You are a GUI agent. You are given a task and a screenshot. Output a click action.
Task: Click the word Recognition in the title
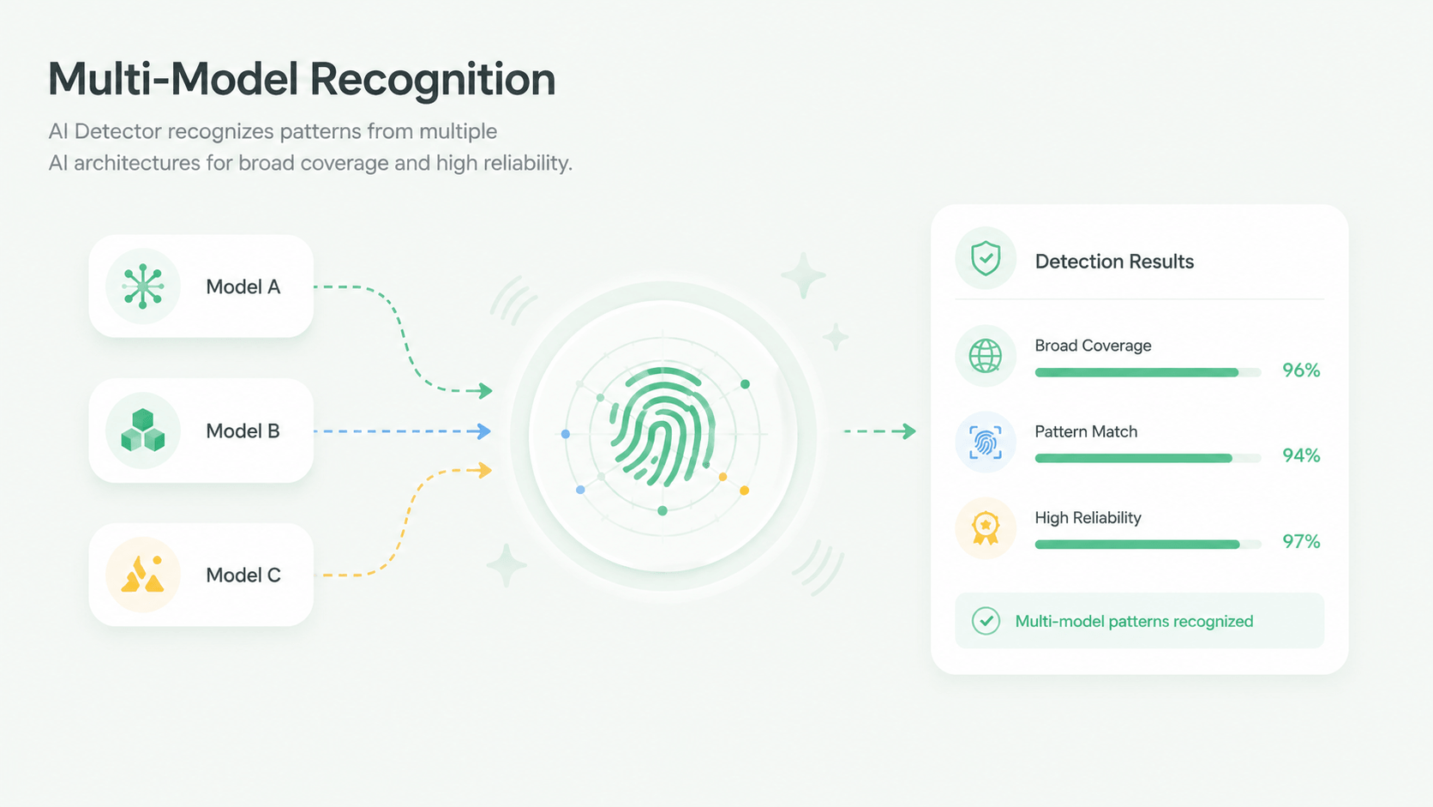click(433, 80)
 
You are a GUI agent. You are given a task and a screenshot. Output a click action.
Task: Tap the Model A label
click(243, 286)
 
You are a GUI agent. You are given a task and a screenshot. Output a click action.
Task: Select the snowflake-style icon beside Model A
click(142, 286)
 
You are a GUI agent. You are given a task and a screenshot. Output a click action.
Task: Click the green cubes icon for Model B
click(142, 430)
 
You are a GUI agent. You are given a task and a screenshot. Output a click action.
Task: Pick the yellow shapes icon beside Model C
click(142, 574)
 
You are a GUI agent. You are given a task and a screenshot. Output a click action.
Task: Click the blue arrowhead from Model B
click(483, 431)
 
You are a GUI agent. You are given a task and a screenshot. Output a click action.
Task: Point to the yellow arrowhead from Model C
click(483, 470)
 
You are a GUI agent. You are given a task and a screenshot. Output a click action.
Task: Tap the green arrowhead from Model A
click(483, 390)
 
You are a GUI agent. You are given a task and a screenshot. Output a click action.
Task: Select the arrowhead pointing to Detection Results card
click(908, 431)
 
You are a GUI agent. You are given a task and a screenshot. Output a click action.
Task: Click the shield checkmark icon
click(986, 258)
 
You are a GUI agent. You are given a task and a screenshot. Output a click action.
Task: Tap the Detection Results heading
click(1114, 261)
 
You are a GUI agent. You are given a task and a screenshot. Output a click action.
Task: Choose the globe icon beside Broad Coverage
click(986, 356)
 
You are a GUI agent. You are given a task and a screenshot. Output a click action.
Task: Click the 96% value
click(1301, 370)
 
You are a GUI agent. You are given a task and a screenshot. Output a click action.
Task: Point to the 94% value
click(1301, 455)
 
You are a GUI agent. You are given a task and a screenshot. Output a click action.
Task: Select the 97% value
click(1301, 542)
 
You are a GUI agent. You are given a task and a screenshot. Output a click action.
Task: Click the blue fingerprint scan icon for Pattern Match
click(986, 443)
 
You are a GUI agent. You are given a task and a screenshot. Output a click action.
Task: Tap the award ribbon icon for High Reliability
click(986, 528)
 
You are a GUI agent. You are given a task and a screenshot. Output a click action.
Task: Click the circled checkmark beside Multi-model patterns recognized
click(986, 621)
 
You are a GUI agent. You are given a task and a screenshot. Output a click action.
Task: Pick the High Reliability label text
click(1088, 518)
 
